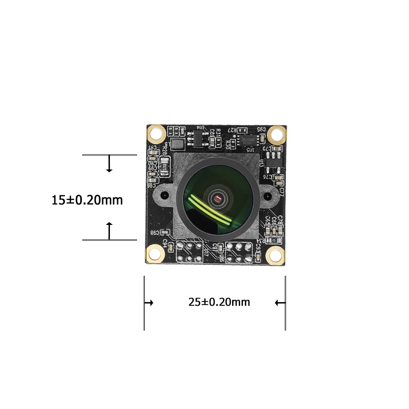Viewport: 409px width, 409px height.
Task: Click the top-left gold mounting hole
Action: pyautogui.click(x=155, y=134)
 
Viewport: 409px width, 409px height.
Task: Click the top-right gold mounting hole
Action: pyautogui.click(x=277, y=134)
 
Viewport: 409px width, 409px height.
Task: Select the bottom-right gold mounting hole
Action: pyautogui.click(x=275, y=255)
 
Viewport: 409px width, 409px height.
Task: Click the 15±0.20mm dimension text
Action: pyautogui.click(x=87, y=200)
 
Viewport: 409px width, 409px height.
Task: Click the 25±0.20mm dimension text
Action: pyautogui.click(x=219, y=302)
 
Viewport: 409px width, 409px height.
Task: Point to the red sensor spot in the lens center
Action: pyautogui.click(x=218, y=197)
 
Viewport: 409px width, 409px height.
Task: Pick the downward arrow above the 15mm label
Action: pyautogui.click(x=109, y=165)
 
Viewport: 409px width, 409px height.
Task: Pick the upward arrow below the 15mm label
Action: pyautogui.click(x=109, y=231)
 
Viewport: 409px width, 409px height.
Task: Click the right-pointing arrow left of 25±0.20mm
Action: pyautogui.click(x=149, y=303)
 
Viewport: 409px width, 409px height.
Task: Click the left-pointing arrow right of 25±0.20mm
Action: pyautogui.click(x=280, y=303)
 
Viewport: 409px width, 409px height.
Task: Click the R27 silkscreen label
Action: pyautogui.click(x=233, y=130)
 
